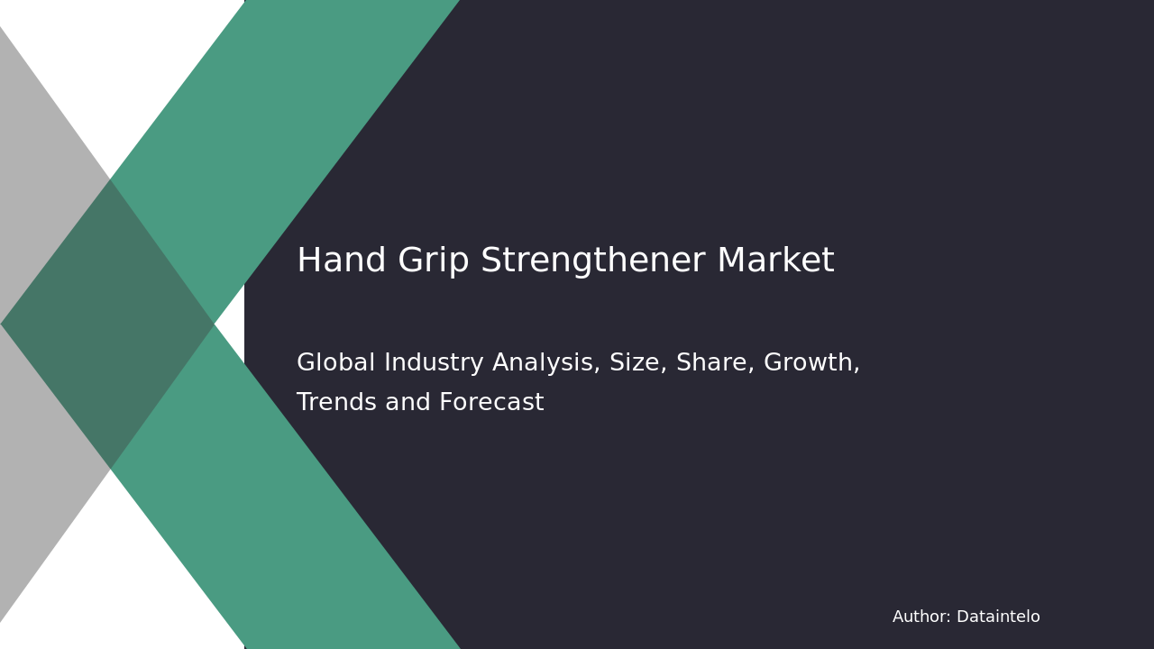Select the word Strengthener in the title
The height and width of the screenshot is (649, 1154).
point(592,261)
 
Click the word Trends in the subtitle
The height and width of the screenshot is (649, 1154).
point(334,403)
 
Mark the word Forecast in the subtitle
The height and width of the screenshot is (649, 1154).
point(490,403)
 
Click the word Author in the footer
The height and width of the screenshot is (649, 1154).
point(920,617)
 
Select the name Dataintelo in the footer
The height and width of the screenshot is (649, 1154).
point(998,617)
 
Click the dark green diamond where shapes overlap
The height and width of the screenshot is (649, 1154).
point(108,324)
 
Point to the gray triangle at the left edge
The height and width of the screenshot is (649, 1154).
point(36,180)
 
